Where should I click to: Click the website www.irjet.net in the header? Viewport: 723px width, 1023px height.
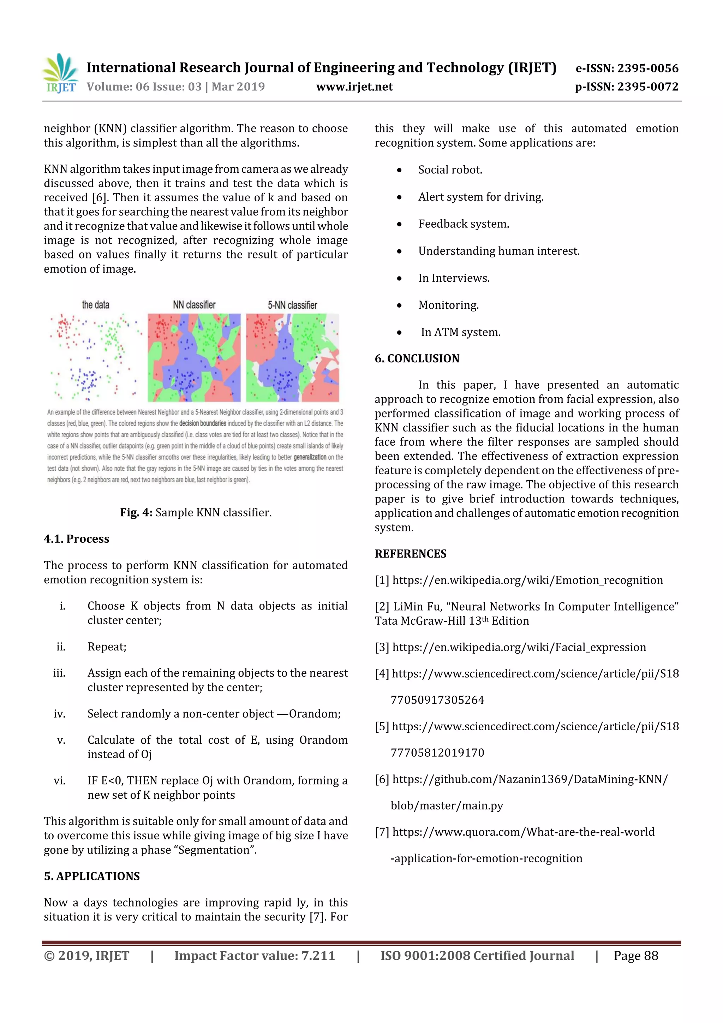pos(354,87)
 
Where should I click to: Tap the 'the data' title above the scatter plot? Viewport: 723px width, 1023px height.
pos(95,305)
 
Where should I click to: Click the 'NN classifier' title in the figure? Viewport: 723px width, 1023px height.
pos(194,305)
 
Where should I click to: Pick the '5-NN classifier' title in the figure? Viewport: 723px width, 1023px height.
pos(292,305)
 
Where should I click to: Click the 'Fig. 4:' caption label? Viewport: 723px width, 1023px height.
pos(136,512)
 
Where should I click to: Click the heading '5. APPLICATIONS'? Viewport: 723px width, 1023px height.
pos(92,876)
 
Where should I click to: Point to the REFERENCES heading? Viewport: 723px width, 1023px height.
pos(410,553)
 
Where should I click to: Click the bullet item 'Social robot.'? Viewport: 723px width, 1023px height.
pos(450,170)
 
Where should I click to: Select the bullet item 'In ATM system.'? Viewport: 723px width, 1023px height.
pos(460,332)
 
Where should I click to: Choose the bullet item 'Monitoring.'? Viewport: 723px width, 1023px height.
pos(448,305)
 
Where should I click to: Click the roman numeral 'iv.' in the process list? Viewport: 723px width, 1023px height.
pos(59,714)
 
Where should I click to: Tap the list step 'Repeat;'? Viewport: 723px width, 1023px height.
pos(107,647)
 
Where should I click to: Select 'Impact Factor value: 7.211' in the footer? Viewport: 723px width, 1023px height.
pos(255,955)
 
